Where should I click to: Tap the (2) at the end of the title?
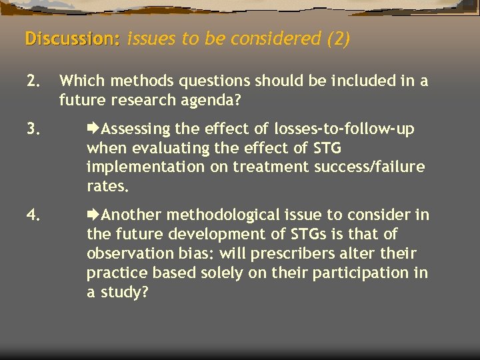tap(338, 39)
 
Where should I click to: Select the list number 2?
tap(34, 81)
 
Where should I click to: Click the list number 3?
tap(34, 129)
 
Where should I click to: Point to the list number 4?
tap(34, 215)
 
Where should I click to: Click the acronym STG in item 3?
tap(329, 148)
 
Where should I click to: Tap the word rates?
tap(106, 187)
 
